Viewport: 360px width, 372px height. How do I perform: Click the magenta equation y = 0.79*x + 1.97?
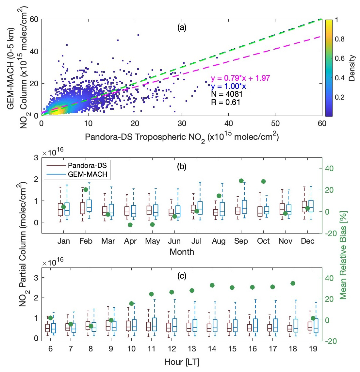(x=240, y=78)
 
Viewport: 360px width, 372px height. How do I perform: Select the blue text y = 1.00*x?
(x=228, y=86)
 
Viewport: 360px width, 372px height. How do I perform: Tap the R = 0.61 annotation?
(x=225, y=102)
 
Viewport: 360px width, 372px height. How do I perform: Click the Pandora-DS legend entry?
(x=87, y=165)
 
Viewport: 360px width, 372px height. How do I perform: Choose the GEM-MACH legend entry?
(x=87, y=174)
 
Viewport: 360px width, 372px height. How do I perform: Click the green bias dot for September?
(x=241, y=181)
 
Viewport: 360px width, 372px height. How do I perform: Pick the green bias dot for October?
(x=263, y=181)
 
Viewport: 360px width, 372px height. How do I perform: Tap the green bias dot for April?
(x=130, y=225)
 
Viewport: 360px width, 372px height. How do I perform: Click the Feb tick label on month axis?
(x=86, y=241)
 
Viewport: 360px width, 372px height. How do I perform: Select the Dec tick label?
(x=307, y=241)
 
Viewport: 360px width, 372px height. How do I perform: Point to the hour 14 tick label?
(x=212, y=349)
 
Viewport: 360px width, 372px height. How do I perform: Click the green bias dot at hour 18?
(x=293, y=283)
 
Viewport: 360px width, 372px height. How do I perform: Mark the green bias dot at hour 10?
(x=131, y=303)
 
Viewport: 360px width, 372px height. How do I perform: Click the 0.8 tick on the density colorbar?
(x=340, y=39)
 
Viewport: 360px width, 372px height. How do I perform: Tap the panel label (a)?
(x=182, y=27)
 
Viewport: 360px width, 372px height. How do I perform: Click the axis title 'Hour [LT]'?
(x=182, y=362)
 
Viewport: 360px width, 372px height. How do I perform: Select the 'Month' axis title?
(x=182, y=252)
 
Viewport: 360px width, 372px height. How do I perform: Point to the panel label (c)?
(x=182, y=276)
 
